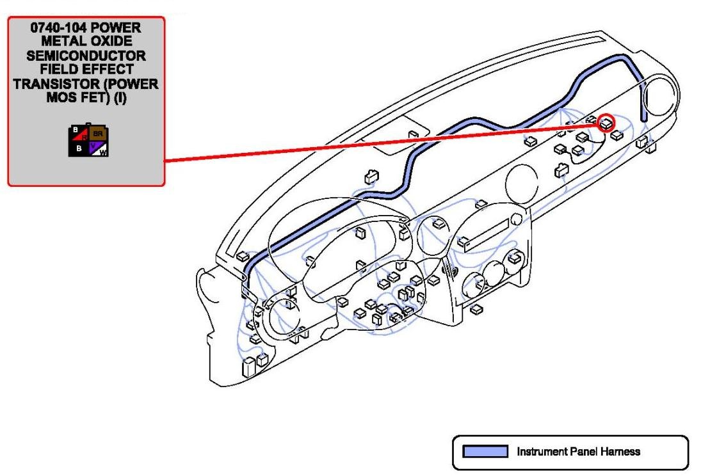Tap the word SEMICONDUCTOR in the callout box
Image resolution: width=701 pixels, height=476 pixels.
point(86,56)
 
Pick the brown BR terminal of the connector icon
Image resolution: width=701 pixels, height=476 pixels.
point(98,134)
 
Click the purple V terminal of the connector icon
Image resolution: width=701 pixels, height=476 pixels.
point(93,147)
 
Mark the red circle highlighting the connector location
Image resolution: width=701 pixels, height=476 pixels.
point(605,123)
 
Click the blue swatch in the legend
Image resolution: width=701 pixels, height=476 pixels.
point(485,452)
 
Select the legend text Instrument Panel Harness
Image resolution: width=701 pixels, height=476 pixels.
point(578,452)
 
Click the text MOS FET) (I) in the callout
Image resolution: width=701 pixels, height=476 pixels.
point(86,97)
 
